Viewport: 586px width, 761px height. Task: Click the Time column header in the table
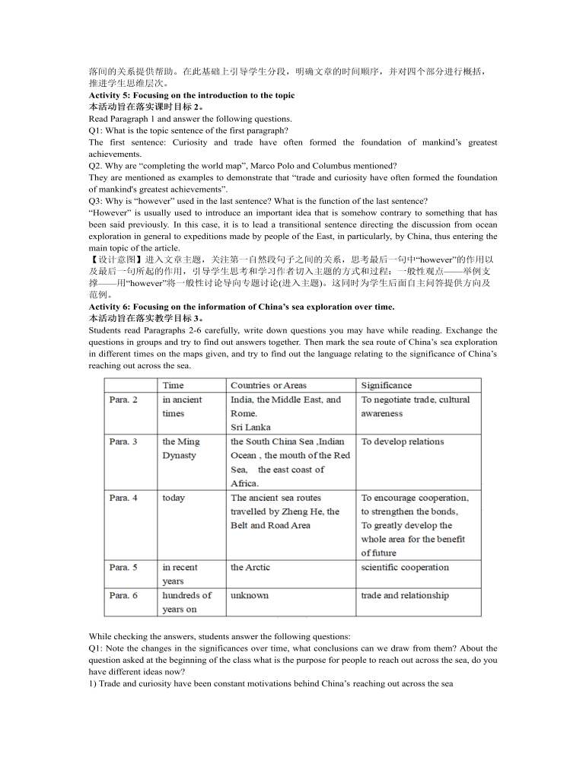coord(174,386)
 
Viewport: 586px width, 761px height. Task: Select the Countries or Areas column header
coord(269,386)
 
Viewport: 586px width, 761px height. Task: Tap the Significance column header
coord(387,386)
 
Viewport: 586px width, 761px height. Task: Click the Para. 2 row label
coord(123,400)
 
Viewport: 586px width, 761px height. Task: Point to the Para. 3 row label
coord(123,442)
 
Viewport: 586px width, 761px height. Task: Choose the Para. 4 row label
coord(123,498)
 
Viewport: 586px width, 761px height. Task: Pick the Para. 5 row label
coord(123,568)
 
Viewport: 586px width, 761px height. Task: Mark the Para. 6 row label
coord(123,596)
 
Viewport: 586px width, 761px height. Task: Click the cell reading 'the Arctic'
coord(250,568)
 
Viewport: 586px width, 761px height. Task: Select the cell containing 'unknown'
coord(250,596)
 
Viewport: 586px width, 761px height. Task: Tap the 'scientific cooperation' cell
coord(405,568)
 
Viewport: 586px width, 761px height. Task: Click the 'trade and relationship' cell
coord(405,596)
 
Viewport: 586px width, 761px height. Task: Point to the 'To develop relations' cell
coord(403,442)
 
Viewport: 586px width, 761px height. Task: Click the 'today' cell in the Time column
coord(174,498)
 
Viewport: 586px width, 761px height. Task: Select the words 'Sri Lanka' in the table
coord(250,428)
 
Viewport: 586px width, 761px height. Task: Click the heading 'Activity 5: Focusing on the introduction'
coord(191,95)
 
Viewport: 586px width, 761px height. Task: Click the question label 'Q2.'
coord(96,166)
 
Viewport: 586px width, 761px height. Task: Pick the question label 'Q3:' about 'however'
coord(96,201)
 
